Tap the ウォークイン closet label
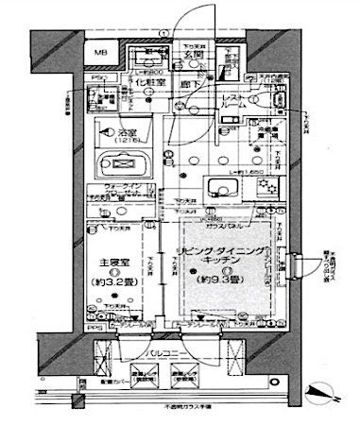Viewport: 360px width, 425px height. pyautogui.click(x=123, y=186)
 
